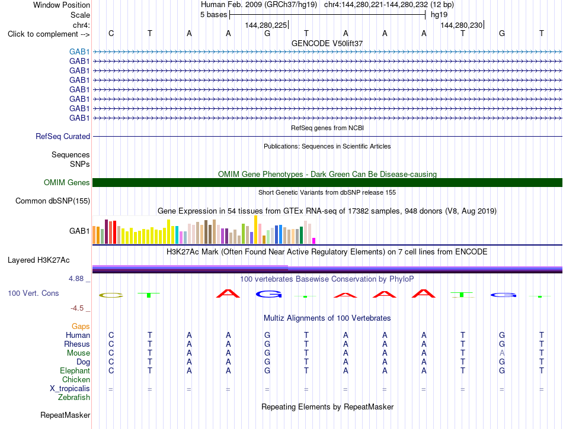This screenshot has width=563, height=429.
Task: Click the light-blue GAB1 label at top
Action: coord(79,51)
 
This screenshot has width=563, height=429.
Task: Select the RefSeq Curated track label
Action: coord(63,136)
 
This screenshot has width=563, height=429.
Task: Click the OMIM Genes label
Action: coord(67,182)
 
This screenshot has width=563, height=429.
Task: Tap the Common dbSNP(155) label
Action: coord(53,201)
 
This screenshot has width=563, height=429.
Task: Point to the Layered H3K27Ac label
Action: coord(39,260)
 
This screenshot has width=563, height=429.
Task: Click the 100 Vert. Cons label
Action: coord(33,293)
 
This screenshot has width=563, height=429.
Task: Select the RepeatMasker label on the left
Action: coord(65,415)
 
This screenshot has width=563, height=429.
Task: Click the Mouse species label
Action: coord(78,353)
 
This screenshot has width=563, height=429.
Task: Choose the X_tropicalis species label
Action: coord(70,389)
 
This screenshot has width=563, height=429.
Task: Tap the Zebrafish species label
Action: coord(74,398)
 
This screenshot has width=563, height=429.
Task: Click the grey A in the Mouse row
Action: coord(502,353)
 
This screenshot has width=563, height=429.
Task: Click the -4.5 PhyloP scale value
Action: coord(77,308)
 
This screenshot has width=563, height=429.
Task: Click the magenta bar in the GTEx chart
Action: coord(314,241)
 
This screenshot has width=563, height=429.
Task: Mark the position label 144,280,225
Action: coord(266,25)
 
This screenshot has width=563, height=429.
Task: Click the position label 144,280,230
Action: coord(462,25)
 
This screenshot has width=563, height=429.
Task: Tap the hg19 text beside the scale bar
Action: coord(439,15)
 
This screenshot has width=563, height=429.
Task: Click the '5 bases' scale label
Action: coord(213,15)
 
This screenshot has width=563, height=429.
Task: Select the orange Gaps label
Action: coord(81,326)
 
